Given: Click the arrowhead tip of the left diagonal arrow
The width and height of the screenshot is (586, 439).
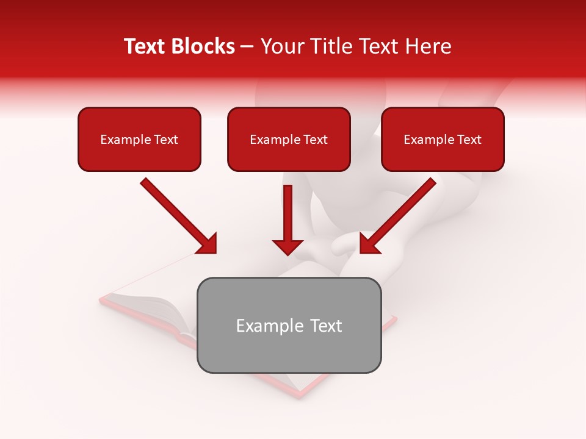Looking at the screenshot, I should point(214,252).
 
